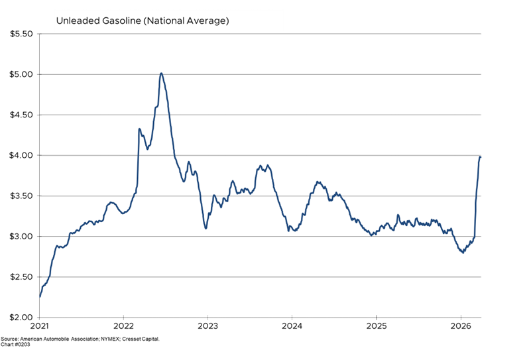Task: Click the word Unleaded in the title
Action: tap(76, 21)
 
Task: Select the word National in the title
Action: tap(167, 21)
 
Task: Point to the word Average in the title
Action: tap(208, 21)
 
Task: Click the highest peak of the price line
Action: tap(161, 73)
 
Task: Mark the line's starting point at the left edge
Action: tap(40, 296)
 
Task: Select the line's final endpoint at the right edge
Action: tap(481, 156)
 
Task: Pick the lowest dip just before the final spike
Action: tap(463, 253)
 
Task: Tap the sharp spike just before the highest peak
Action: tap(139, 129)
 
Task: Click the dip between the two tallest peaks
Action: tap(147, 149)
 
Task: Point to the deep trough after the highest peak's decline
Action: tap(206, 228)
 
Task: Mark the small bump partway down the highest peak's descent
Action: tap(189, 162)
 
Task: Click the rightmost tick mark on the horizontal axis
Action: tap(461, 317)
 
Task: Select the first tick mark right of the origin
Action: tap(124, 317)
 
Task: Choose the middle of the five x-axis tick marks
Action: tap(292, 317)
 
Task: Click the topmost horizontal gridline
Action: tap(261, 74)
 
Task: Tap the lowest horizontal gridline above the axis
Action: tap(261, 276)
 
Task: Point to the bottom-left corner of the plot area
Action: tap(40, 317)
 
